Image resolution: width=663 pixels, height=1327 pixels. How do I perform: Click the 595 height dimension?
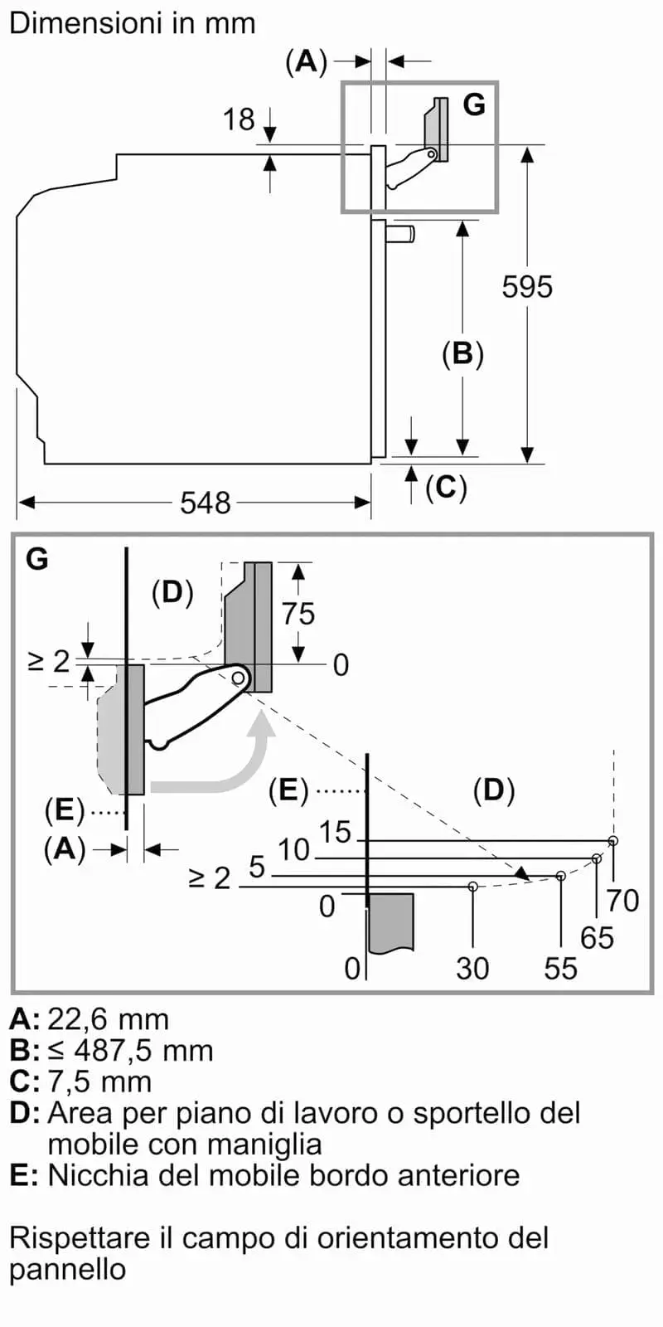coord(527,287)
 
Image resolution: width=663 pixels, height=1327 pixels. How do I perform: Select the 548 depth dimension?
coord(205,503)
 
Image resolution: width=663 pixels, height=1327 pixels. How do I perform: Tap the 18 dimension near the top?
coord(239,119)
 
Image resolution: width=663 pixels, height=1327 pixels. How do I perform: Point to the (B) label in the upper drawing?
coord(463,354)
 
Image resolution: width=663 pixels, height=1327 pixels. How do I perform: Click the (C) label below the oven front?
coord(446,488)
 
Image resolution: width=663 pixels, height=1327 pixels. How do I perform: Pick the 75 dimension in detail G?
coord(298,613)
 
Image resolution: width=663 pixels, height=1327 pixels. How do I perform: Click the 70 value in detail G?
coord(622,901)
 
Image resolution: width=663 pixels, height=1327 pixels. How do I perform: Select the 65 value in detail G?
coord(597,938)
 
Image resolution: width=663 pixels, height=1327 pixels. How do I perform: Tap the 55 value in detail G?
coord(560,969)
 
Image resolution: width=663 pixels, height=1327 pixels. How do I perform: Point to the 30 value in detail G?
coord(472,969)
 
